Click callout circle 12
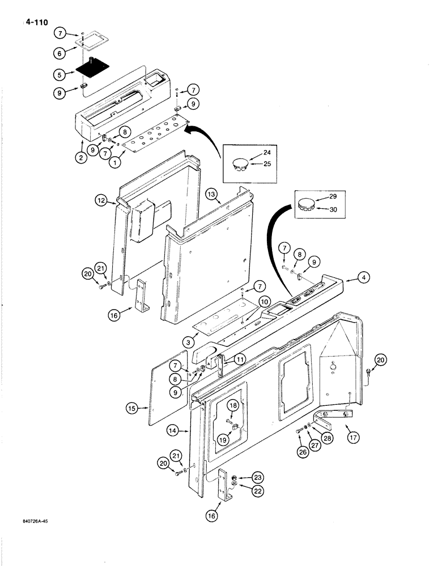(x=101, y=200)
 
